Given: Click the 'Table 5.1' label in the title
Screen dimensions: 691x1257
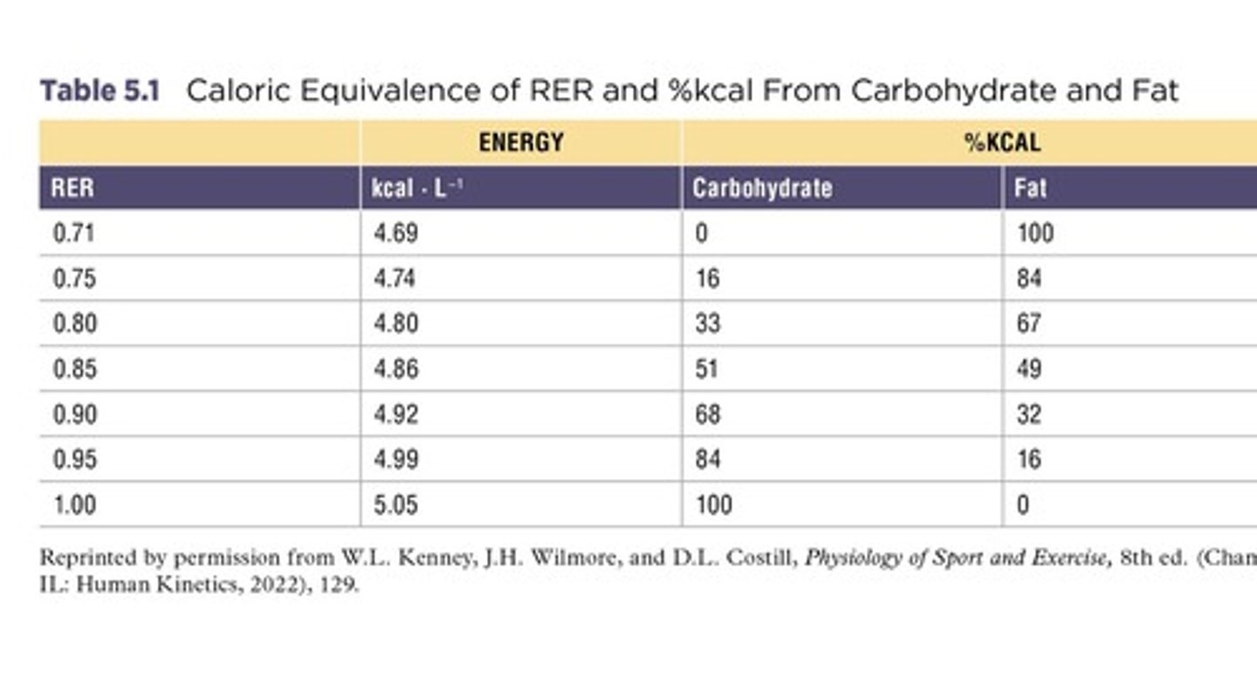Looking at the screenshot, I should [x=100, y=91].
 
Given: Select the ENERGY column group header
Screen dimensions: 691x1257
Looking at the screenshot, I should [x=520, y=142].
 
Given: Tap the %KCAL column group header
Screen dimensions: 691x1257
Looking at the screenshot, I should [x=1003, y=142].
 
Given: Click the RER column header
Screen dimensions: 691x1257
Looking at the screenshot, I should [x=72, y=188].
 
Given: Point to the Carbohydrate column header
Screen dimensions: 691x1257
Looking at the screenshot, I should [x=761, y=188].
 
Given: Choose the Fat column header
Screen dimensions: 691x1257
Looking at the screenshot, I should [x=1030, y=188].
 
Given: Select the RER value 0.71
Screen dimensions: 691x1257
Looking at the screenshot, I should [x=74, y=234].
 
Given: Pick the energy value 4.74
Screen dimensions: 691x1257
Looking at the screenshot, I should [x=395, y=279].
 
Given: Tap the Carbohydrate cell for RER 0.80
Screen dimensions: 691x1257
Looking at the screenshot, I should [x=708, y=325].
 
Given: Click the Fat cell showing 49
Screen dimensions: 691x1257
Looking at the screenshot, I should [x=1028, y=370].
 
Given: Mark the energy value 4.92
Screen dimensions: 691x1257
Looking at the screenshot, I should [x=395, y=414].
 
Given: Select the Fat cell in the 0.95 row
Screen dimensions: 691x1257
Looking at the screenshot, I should [x=1028, y=460].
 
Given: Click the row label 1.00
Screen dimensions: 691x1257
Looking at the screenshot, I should [x=74, y=505].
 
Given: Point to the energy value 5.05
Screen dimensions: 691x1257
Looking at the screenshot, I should [x=395, y=505].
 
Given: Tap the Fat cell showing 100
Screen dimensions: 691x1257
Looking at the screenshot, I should [x=1035, y=234].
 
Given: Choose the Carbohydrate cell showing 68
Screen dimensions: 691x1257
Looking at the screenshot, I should [x=708, y=414].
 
